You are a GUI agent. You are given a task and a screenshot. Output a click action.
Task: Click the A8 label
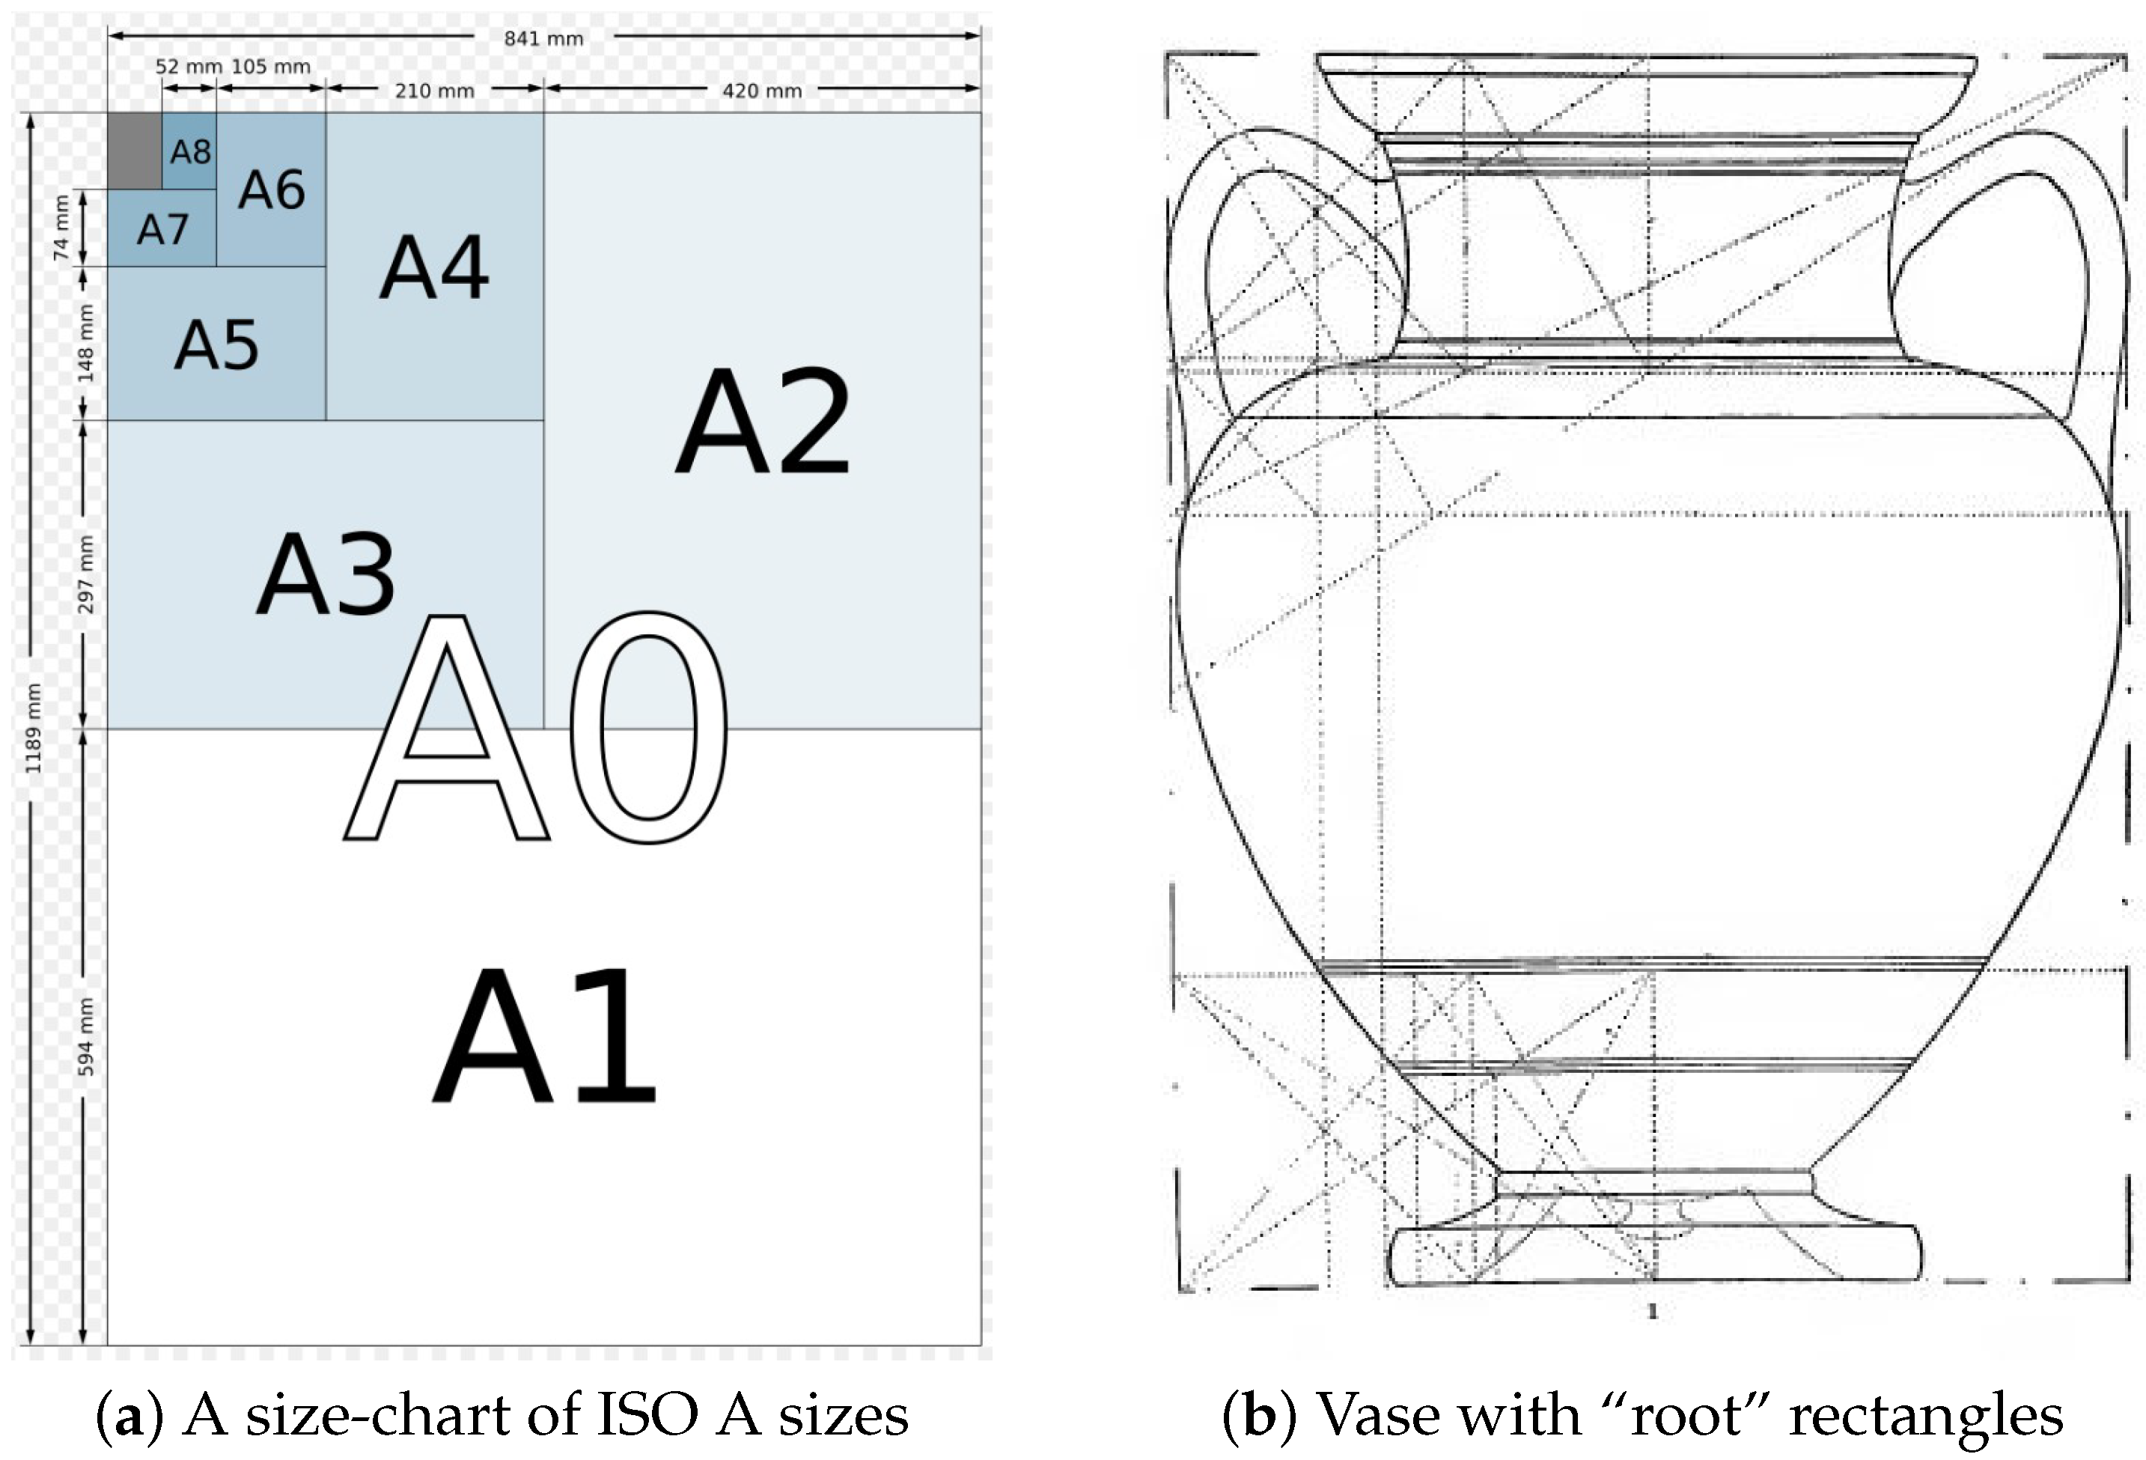190,151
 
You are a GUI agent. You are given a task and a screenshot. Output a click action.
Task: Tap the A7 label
162,229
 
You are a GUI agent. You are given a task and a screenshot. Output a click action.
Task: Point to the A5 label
217,345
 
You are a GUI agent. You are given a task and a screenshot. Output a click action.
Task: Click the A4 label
434,269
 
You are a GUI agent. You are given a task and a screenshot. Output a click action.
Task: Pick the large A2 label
763,423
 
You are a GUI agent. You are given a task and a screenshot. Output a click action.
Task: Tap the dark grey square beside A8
134,150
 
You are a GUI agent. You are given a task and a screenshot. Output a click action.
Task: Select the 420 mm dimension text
761,91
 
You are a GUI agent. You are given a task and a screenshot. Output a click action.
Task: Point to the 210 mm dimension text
434,91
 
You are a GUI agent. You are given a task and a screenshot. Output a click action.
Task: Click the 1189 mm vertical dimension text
33,729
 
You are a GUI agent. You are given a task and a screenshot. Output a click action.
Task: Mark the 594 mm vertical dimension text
85,1036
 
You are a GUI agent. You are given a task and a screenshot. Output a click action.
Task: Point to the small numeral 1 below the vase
1653,1311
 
